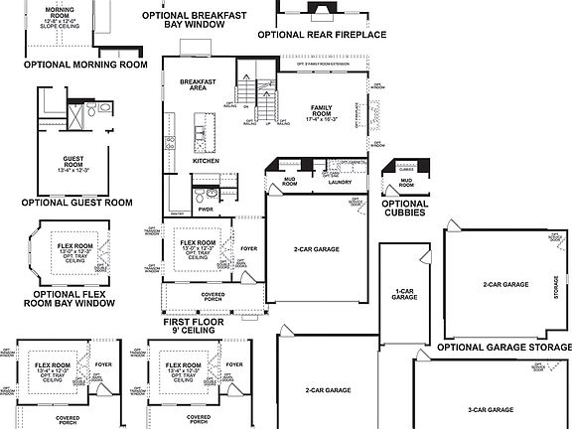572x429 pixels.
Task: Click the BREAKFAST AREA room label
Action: pyautogui.click(x=192, y=84)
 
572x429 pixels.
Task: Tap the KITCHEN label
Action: pyautogui.click(x=205, y=160)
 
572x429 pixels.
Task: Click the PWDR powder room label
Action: pyautogui.click(x=206, y=210)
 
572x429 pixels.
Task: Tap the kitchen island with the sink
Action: pyautogui.click(x=204, y=127)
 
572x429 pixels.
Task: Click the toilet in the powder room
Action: pyautogui.click(x=200, y=193)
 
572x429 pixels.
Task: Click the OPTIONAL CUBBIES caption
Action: pyautogui.click(x=405, y=208)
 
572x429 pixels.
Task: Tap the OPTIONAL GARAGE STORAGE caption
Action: pyautogui.click(x=505, y=347)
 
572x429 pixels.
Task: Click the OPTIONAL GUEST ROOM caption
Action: pyautogui.click(x=76, y=202)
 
